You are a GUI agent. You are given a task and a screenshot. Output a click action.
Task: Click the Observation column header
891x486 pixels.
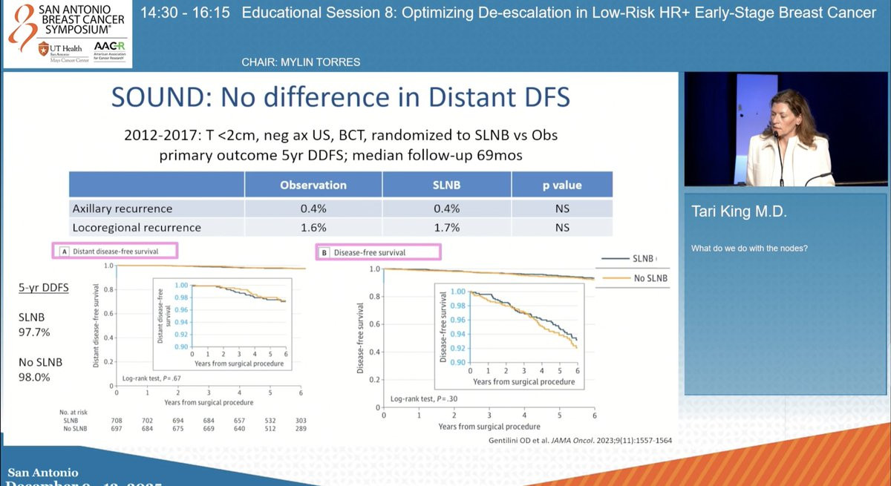pyautogui.click(x=313, y=185)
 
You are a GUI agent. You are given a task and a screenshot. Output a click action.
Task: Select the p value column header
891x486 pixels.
pyautogui.click(x=561, y=185)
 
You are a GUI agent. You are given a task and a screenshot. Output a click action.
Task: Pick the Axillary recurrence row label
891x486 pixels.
pyautogui.click(x=123, y=208)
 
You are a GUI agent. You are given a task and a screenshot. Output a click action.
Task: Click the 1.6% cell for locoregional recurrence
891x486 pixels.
pyautogui.click(x=313, y=228)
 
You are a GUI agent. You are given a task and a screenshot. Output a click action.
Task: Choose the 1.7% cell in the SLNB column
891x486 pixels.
pyautogui.click(x=446, y=228)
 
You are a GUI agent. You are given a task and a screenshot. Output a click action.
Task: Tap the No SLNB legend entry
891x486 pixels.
pyautogui.click(x=650, y=278)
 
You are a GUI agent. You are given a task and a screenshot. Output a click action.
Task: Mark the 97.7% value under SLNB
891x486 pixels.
pyautogui.click(x=34, y=332)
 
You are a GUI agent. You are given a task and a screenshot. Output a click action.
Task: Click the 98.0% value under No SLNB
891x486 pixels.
pyautogui.click(x=34, y=377)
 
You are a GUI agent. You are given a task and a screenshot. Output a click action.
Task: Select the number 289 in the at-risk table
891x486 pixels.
pyautogui.click(x=300, y=429)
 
